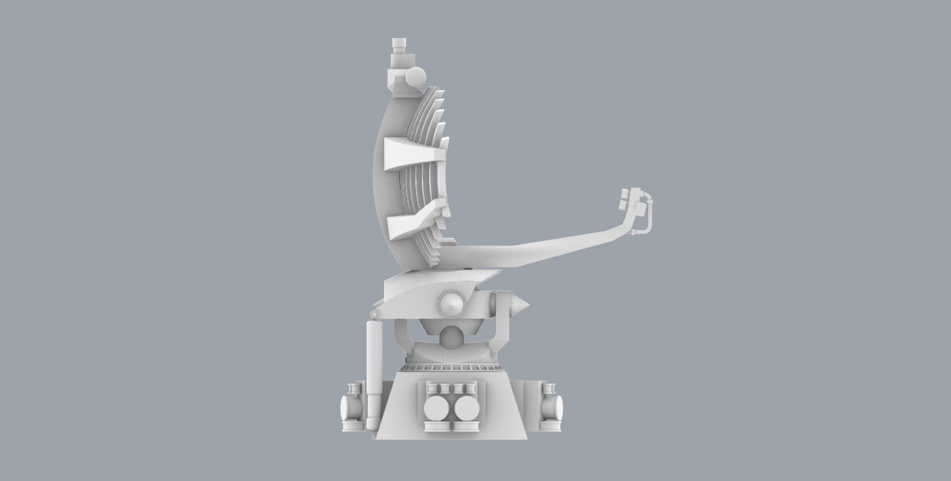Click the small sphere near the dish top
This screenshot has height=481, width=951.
pyautogui.click(x=415, y=77)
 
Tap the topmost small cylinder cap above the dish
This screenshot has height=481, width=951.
pyautogui.click(x=398, y=45)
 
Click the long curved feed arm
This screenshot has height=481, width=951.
pyautogui.click(x=542, y=244)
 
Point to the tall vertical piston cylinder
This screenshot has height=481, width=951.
pyautogui.click(x=373, y=373)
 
